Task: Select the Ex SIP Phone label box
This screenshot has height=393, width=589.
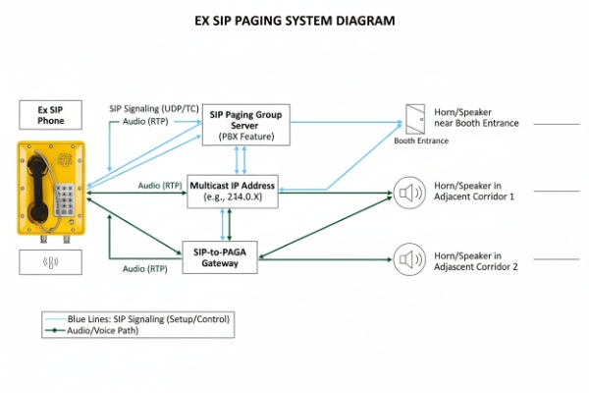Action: (x=51, y=115)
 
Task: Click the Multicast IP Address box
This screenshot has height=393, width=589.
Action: (x=233, y=189)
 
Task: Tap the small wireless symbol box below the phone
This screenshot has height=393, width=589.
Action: (x=51, y=262)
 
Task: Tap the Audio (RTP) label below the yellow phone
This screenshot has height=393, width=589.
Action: (x=146, y=268)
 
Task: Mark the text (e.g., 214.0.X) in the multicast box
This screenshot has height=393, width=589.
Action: (x=233, y=196)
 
